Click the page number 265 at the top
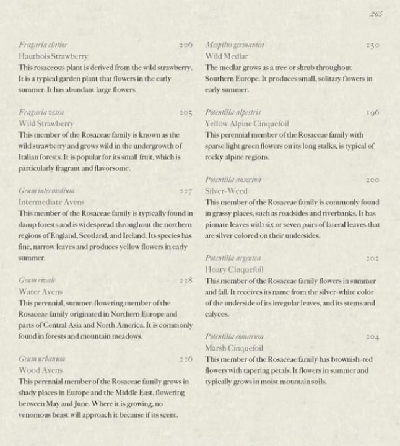375,14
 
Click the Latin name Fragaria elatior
43,45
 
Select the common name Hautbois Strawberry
53,56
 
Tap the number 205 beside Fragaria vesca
185,113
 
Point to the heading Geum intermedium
47,191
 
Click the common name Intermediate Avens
51,202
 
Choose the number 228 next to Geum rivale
185,281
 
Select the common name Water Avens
41,292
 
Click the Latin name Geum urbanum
42,359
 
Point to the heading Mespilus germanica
235,45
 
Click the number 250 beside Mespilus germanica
372,45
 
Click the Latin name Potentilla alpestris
233,113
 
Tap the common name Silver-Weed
226,191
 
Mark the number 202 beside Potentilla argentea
372,258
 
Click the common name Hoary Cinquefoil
234,269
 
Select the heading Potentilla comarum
234,336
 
